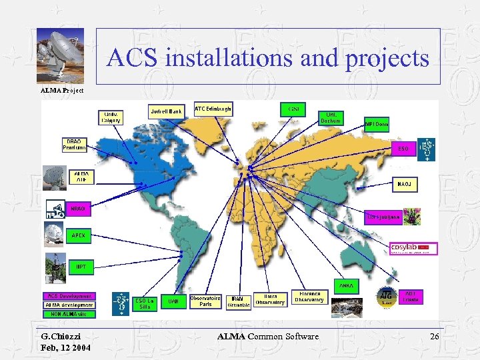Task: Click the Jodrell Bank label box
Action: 166,111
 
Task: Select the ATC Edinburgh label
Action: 213,109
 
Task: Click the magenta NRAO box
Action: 78,209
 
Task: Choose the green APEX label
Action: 79,235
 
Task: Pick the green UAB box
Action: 173,302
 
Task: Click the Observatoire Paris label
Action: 206,301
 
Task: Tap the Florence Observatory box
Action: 309,297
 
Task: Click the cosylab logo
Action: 413,248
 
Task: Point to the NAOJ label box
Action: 404,183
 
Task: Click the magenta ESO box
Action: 404,148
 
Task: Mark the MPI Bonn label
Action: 377,124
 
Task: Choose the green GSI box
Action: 293,109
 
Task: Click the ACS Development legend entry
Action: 69,295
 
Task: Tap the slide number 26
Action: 434,337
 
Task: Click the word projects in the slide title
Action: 387,59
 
